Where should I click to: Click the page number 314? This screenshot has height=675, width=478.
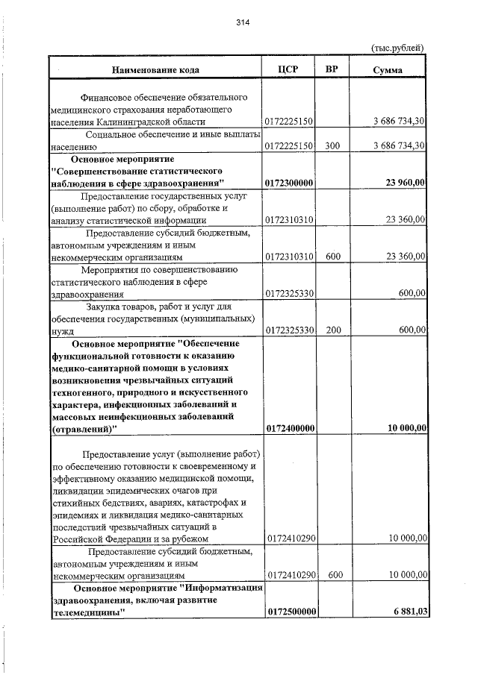pyautogui.click(x=242, y=22)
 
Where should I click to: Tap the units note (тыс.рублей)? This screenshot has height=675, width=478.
pyautogui.click(x=398, y=48)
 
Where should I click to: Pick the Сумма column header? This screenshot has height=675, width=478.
pyautogui.click(x=388, y=70)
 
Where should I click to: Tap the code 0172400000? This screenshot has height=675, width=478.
pyautogui.click(x=289, y=428)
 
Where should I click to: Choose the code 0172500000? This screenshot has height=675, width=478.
pyautogui.click(x=289, y=612)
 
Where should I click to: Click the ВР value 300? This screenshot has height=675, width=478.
pyautogui.click(x=333, y=146)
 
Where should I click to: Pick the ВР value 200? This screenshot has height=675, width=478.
pyautogui.click(x=333, y=330)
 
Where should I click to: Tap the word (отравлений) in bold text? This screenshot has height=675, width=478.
pyautogui.click(x=80, y=428)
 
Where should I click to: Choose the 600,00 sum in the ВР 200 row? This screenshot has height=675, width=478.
pyautogui.click(x=412, y=330)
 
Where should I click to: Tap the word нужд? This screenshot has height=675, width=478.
pyautogui.click(x=59, y=330)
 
